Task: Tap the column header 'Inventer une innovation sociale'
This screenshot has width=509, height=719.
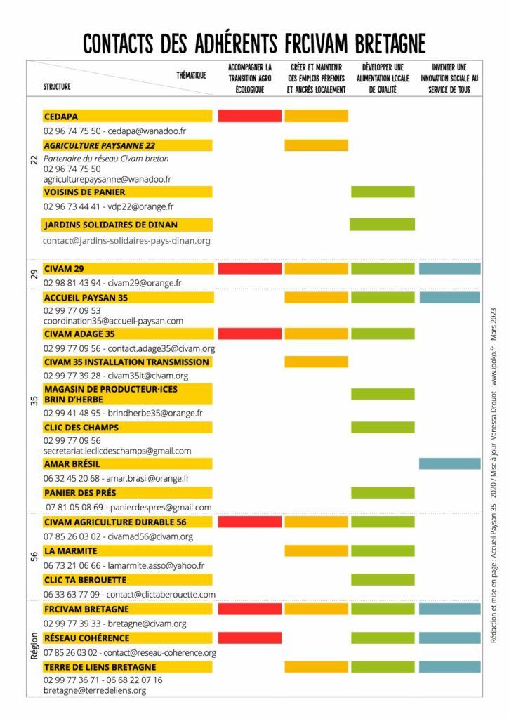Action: click(x=449, y=79)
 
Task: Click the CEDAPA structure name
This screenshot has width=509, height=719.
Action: click(x=60, y=116)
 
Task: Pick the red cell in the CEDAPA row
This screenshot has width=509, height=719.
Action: click(x=250, y=116)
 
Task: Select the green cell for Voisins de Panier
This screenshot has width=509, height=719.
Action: click(x=383, y=192)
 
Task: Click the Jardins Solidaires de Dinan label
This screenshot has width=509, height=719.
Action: click(x=110, y=225)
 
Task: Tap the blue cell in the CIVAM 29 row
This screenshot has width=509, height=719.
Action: click(x=449, y=268)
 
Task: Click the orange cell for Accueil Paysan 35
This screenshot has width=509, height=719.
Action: click(x=316, y=297)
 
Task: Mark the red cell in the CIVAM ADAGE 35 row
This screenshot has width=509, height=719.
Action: click(x=250, y=334)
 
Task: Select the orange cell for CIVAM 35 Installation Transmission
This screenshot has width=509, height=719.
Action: click(x=316, y=362)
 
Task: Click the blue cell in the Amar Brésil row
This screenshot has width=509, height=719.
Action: click(x=449, y=463)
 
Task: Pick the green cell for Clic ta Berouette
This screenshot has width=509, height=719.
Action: click(x=383, y=580)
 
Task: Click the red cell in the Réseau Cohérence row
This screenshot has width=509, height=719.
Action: click(x=250, y=638)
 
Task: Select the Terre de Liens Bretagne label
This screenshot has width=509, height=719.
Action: click(x=100, y=666)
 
